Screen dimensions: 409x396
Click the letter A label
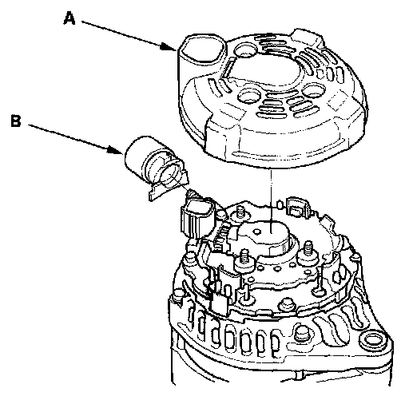point(69,19)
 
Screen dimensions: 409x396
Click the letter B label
point(16,121)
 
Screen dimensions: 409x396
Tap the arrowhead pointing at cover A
point(168,47)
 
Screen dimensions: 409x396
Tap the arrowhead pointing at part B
point(116,150)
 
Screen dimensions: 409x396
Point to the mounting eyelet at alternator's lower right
point(373,340)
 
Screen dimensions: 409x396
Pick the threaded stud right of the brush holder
point(308,251)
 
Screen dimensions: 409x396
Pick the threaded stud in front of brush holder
point(244,259)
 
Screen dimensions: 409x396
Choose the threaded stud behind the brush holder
point(241,212)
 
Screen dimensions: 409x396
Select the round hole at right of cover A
point(313,90)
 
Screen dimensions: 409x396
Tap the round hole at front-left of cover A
point(250,97)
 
